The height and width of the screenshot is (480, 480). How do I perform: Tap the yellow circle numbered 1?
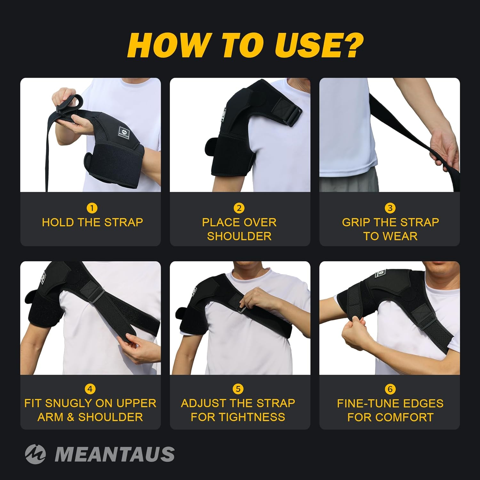(x=92, y=208)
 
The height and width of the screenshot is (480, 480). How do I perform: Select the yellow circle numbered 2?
(x=239, y=208)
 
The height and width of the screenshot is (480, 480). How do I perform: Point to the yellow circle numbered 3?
(x=390, y=208)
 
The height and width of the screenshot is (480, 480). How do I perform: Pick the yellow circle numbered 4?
(x=90, y=389)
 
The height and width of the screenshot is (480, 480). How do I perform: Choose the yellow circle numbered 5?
(x=238, y=389)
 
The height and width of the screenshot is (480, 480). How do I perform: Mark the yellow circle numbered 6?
(x=390, y=389)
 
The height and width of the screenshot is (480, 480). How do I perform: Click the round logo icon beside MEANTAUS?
(x=35, y=454)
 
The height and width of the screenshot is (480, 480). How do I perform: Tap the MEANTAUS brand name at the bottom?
(x=115, y=454)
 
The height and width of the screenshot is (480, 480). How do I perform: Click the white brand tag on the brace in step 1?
(x=124, y=131)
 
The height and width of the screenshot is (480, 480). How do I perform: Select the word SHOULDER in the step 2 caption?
(x=239, y=236)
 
